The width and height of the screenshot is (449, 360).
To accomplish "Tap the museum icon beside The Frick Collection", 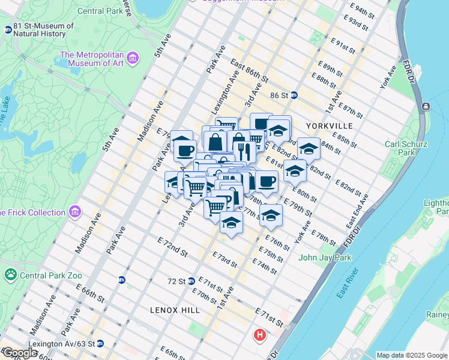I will click(x=74, y=212).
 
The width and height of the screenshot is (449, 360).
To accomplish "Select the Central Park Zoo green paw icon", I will click(x=10, y=275).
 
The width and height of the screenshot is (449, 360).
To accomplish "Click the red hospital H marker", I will click(x=260, y=335).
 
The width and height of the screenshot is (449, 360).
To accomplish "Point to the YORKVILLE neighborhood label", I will click(x=328, y=126).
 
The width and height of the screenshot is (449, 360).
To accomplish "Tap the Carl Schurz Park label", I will click(x=400, y=148).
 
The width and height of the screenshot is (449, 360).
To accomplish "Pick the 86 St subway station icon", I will click(x=294, y=95).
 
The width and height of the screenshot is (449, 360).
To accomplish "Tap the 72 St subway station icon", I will click(x=191, y=280).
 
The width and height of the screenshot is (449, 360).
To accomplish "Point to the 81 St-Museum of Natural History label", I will click(x=43, y=30).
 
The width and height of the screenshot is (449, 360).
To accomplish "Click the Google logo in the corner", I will click(x=19, y=353).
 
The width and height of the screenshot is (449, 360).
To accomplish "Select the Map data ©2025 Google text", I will click(x=411, y=355).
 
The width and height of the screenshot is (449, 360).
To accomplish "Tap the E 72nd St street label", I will click(x=169, y=247).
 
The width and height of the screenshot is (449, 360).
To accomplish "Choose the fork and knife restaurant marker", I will click(x=244, y=151).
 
